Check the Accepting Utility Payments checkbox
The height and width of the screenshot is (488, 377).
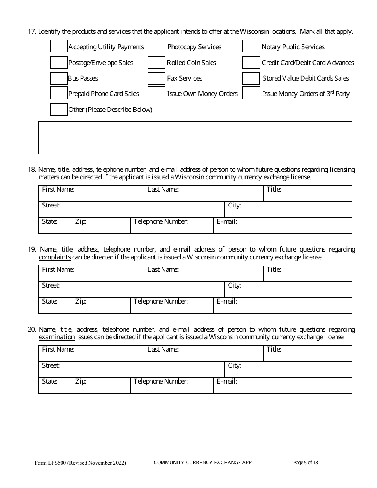click(59, 46)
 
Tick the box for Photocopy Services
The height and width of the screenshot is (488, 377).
click(156, 46)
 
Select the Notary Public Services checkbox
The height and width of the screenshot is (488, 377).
click(251, 46)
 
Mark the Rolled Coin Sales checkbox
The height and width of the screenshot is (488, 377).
click(156, 62)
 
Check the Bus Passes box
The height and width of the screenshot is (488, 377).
click(59, 78)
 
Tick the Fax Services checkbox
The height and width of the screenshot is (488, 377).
click(156, 78)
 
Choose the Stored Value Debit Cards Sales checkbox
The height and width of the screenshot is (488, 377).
click(251, 78)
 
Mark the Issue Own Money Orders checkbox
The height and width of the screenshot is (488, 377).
click(156, 94)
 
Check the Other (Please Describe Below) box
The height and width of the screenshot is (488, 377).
click(59, 109)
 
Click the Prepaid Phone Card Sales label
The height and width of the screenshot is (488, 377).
click(104, 94)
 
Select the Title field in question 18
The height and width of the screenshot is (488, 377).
click(308, 194)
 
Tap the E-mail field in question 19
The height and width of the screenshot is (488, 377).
click(283, 306)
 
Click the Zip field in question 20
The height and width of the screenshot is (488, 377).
click(101, 386)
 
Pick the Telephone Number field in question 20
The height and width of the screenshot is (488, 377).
click(172, 386)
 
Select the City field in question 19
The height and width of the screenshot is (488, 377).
click(288, 290)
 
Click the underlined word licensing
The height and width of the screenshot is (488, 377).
click(342, 170)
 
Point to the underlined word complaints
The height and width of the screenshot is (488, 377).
click(55, 257)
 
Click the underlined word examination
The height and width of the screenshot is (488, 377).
click(57, 337)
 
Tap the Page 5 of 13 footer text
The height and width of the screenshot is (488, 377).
click(306, 462)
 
